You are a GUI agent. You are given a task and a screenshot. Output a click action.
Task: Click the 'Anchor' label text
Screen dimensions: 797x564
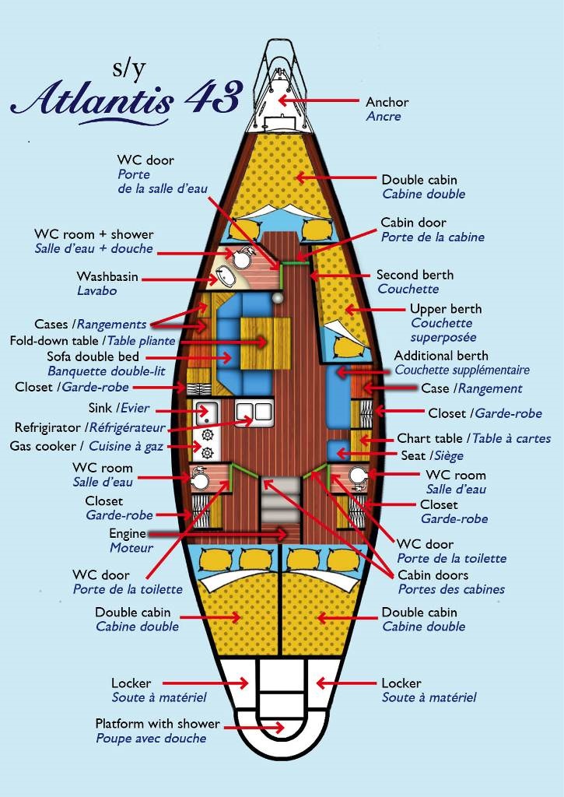pyautogui.click(x=387, y=102)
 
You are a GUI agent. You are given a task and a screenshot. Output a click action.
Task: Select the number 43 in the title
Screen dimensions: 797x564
pyautogui.click(x=212, y=96)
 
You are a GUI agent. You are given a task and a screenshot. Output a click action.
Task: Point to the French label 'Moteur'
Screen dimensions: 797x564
pyautogui.click(x=131, y=548)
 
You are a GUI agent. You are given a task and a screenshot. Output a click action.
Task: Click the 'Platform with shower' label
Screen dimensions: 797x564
pyautogui.click(x=157, y=724)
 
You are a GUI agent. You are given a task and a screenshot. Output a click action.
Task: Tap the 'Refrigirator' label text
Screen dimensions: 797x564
pyautogui.click(x=47, y=427)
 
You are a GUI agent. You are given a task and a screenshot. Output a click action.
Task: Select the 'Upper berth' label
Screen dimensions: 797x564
pyautogui.click(x=446, y=309)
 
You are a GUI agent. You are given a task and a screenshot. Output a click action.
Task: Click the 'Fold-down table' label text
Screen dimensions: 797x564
pyautogui.click(x=54, y=341)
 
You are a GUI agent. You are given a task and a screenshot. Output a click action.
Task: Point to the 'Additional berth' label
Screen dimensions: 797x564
pyautogui.click(x=440, y=356)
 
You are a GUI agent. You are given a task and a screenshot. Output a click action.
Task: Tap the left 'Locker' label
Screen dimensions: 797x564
pyautogui.click(x=131, y=683)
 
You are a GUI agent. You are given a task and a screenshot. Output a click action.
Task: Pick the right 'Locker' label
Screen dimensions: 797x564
pyautogui.click(x=401, y=683)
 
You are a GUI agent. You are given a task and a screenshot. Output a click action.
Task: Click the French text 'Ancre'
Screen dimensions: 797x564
pyautogui.click(x=384, y=117)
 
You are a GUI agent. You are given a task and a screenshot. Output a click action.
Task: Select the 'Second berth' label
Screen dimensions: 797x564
pyautogui.click(x=415, y=275)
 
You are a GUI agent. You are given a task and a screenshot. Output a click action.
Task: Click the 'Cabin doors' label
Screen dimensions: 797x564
pyautogui.click(x=433, y=575)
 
